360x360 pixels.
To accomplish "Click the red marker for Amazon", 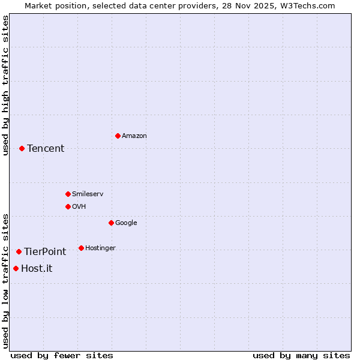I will pyautogui.click(x=118, y=136).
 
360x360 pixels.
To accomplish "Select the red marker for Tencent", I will pyautogui.click(x=22, y=148).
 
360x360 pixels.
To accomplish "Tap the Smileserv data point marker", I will pyautogui.click(x=68, y=194).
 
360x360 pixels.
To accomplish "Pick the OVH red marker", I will pyautogui.click(x=68, y=206).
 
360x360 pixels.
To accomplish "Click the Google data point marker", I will pyautogui.click(x=111, y=223).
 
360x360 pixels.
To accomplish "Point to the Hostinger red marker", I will pyautogui.click(x=81, y=248).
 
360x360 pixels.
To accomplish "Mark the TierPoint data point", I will pyautogui.click(x=19, y=251).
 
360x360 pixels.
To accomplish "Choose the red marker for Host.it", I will pyautogui.click(x=16, y=268).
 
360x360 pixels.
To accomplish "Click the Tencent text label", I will pyautogui.click(x=46, y=148).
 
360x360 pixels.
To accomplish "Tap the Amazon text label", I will pyautogui.click(x=134, y=136).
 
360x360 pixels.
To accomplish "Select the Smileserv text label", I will pyautogui.click(x=88, y=194).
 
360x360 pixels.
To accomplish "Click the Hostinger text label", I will pyautogui.click(x=100, y=248).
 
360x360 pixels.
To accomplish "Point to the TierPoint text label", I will pyautogui.click(x=45, y=251).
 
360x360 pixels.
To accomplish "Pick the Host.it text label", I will pyautogui.click(x=37, y=268).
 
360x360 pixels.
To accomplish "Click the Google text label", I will pyautogui.click(x=126, y=223).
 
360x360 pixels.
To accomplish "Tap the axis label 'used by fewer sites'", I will pyautogui.click(x=62, y=355).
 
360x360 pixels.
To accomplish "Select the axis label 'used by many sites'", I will pyautogui.click(x=301, y=355).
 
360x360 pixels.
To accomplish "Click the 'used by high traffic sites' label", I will pyautogui.click(x=5, y=85).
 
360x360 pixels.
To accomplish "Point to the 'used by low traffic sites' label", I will pyautogui.click(x=5, y=280).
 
